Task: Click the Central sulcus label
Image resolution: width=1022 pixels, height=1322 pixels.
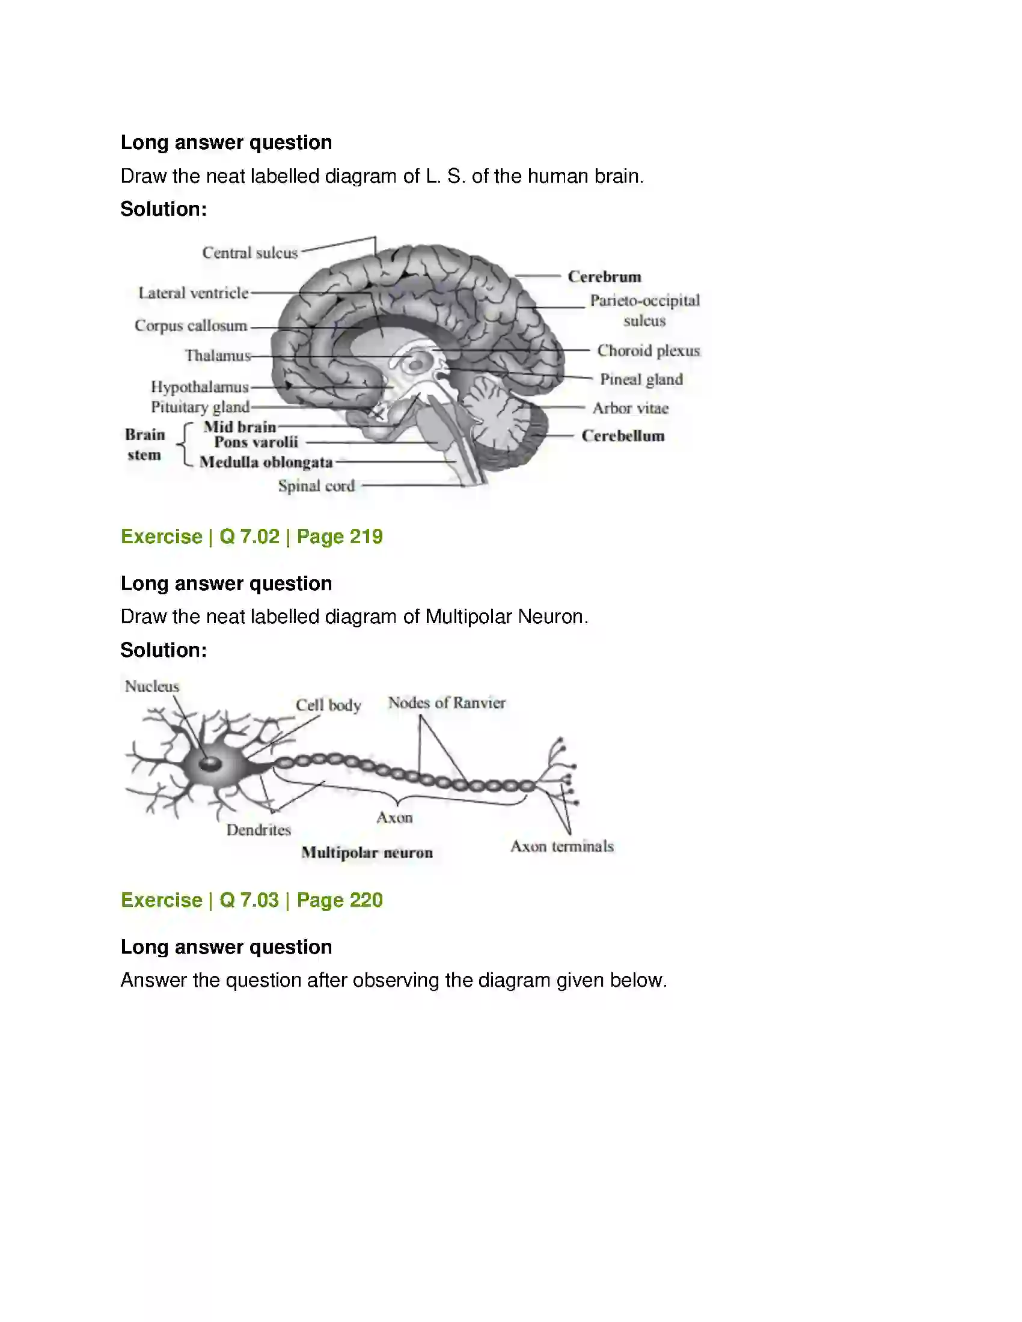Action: (x=250, y=252)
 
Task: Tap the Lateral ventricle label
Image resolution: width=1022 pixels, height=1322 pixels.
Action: (x=194, y=293)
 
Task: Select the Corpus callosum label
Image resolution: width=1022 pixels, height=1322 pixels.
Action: (x=191, y=326)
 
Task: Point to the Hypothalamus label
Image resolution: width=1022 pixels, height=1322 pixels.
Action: (x=200, y=387)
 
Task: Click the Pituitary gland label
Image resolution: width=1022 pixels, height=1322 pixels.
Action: (x=200, y=407)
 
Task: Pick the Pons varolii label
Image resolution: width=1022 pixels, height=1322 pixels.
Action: (x=256, y=442)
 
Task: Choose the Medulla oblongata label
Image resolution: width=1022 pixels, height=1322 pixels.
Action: (x=266, y=462)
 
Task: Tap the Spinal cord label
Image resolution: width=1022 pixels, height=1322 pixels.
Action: (x=317, y=486)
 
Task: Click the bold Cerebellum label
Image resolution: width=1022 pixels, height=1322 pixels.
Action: (x=623, y=436)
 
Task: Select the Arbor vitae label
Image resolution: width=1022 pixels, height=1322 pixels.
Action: (x=630, y=408)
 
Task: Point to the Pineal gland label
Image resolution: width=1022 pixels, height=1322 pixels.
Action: (x=641, y=380)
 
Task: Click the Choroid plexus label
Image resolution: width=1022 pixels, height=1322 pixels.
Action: (x=649, y=350)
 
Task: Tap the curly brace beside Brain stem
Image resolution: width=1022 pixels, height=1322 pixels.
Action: (x=184, y=445)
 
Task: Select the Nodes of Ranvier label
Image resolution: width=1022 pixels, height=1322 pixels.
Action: (x=447, y=703)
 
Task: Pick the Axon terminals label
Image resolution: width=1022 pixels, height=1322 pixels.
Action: (x=562, y=846)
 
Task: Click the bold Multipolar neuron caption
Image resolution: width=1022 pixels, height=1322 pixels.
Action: (x=367, y=853)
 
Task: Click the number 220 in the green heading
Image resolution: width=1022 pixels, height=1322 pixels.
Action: (x=366, y=900)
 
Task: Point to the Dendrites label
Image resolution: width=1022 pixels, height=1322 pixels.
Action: (x=259, y=830)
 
